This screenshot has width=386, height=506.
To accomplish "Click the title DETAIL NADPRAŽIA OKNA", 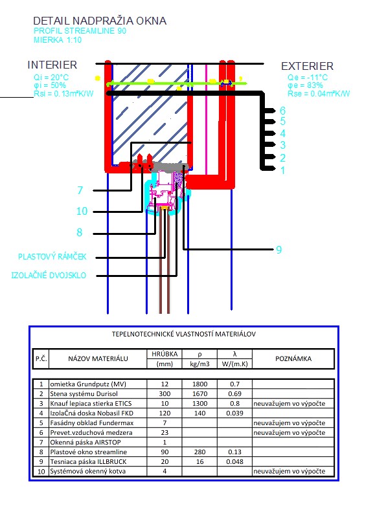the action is coord(100,21).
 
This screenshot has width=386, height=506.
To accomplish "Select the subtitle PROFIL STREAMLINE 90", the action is coord(80,31).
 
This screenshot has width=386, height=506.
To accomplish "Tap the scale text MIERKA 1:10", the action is coord(58,40).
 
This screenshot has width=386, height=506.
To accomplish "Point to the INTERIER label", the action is coord(52,65).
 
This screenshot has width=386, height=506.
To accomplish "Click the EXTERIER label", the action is coord(307,66).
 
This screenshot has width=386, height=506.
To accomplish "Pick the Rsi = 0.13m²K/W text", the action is coord(63,94).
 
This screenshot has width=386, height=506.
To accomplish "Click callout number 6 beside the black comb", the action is coord(282,111).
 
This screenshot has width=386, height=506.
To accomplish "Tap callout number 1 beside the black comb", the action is coord(282,170).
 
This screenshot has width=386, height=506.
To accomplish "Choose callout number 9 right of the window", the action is coord(278,250).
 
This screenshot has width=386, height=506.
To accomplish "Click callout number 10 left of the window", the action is coord(82,211).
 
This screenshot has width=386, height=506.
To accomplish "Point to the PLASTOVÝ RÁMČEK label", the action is coord(52,257).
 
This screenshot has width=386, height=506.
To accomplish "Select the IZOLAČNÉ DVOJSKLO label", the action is coord(49,275).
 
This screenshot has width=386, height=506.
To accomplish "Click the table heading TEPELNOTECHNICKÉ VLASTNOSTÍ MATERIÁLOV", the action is coord(184,334).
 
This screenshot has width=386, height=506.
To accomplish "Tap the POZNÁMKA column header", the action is coord(293,358).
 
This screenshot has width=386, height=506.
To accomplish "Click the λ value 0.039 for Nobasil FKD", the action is coord(235,413).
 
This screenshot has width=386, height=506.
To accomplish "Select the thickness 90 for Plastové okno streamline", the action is coord(165,452).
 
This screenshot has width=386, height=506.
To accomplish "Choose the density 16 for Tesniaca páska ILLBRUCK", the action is coord(200,461).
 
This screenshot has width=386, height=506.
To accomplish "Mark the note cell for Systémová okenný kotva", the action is coord(289,471).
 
